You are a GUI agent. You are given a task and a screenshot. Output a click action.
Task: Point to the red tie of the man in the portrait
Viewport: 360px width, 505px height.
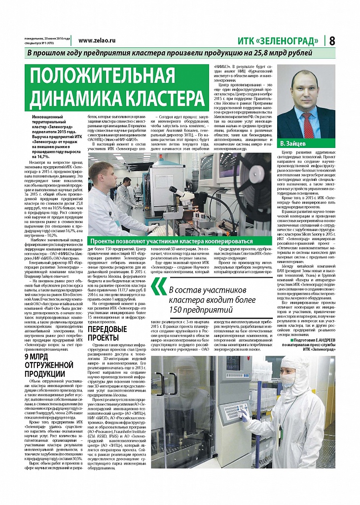pos(306,122)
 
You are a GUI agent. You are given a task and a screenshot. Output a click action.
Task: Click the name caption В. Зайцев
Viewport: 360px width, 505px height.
pos(294,144)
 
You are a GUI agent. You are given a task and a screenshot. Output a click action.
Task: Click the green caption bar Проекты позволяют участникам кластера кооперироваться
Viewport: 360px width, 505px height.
pos(170,241)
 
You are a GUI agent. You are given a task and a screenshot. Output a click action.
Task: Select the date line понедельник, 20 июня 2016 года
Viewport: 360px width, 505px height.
pos(47,38)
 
